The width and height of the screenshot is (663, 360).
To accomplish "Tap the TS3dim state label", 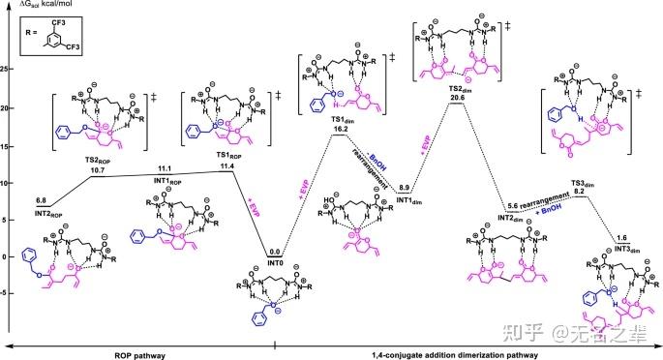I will click(x=578, y=183).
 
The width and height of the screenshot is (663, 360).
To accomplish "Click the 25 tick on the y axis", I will click(x=6, y=70).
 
